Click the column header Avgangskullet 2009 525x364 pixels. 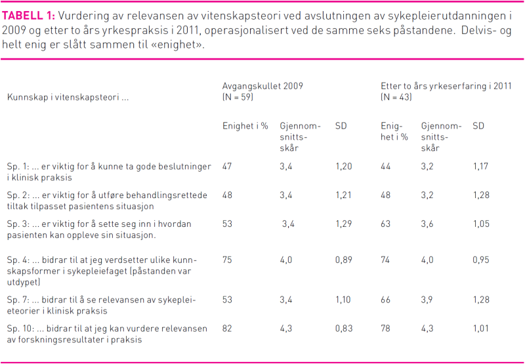(262, 86)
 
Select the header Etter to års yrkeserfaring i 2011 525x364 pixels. (446, 86)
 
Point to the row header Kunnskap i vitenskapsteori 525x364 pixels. (68, 97)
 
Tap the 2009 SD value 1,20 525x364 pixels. (343, 167)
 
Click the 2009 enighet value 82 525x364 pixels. (228, 329)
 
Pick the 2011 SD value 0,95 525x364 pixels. (481, 260)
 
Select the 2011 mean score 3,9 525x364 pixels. (427, 300)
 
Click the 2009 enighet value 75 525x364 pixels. (228, 260)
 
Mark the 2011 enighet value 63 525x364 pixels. (386, 224)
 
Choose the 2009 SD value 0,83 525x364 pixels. (343, 329)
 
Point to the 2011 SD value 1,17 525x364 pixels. (481, 167)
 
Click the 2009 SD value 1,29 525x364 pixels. (343, 224)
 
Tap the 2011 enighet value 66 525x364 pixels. (386, 300)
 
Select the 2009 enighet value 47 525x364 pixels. (228, 167)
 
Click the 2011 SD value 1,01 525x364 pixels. (481, 329)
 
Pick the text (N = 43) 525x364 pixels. (396, 97)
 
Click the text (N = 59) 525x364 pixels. (238, 97)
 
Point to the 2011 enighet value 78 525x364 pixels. (386, 329)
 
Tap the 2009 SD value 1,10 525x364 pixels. (343, 300)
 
